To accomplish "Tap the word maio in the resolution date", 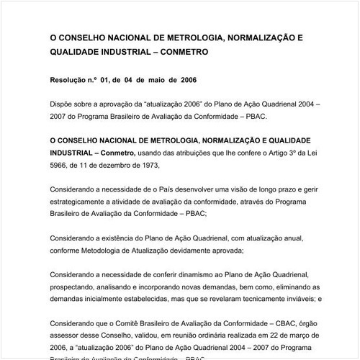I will pyautogui.click(x=156, y=80).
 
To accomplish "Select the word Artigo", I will pyautogui.click(x=249, y=153).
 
